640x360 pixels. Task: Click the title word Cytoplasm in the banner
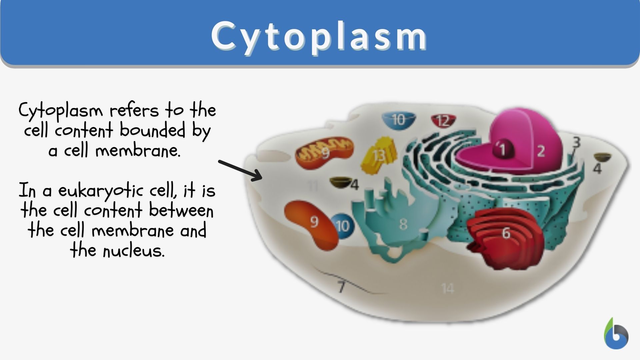pyautogui.click(x=319, y=36)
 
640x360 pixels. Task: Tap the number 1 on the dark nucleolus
pyautogui.click(x=502, y=149)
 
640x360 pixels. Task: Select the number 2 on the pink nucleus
pyautogui.click(x=541, y=151)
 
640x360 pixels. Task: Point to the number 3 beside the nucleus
pyautogui.click(x=576, y=143)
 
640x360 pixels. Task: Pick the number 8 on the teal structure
pyautogui.click(x=403, y=224)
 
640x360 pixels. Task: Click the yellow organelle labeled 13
pyautogui.click(x=379, y=156)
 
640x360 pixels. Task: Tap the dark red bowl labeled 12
pyautogui.click(x=443, y=121)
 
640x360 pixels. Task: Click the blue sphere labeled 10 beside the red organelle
pyautogui.click(x=343, y=226)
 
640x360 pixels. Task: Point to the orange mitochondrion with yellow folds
pyautogui.click(x=324, y=153)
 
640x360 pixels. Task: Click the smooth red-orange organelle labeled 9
pyautogui.click(x=312, y=223)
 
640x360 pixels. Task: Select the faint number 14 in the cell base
pyautogui.click(x=447, y=288)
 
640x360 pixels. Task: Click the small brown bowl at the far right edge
pyautogui.click(x=602, y=157)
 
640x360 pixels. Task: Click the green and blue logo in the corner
pyautogui.click(x=616, y=334)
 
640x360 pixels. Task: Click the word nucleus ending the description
pyautogui.click(x=133, y=251)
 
